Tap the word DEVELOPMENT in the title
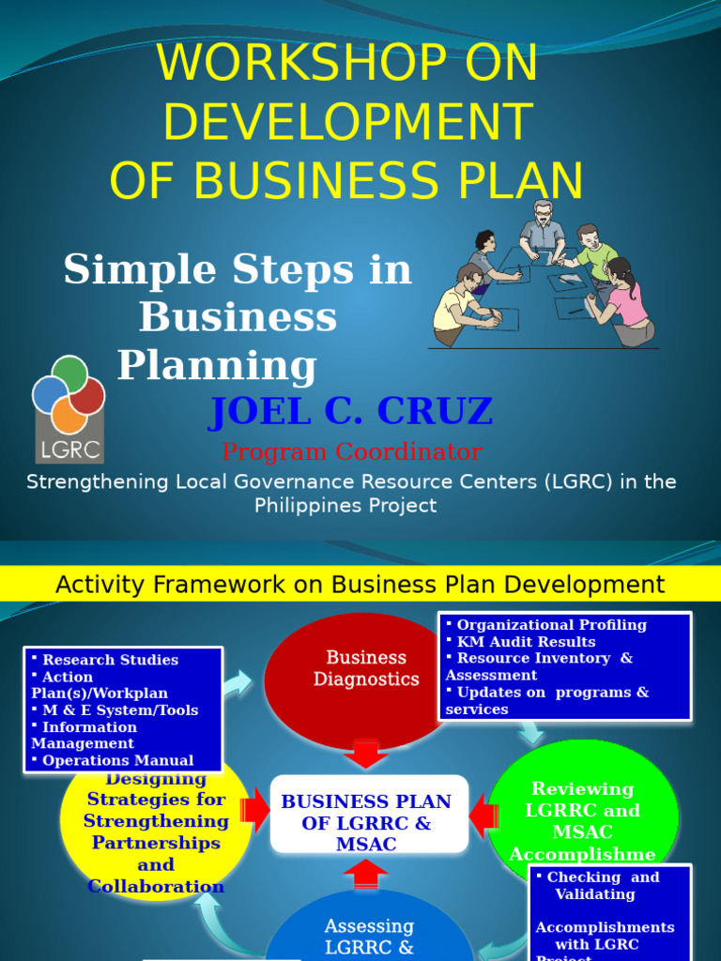click(x=347, y=122)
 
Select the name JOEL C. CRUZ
click(x=350, y=411)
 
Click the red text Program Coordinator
click(x=352, y=451)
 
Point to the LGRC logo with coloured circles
click(x=69, y=408)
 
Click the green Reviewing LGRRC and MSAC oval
click(x=582, y=809)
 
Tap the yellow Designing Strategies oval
click(x=156, y=831)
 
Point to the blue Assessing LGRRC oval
click(x=369, y=929)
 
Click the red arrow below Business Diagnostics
click(x=366, y=755)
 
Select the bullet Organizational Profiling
click(x=551, y=625)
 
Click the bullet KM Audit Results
click(x=526, y=642)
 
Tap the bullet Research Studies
click(x=110, y=660)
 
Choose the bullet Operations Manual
click(x=117, y=760)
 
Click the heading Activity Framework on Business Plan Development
click(x=360, y=585)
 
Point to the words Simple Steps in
click(x=238, y=270)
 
